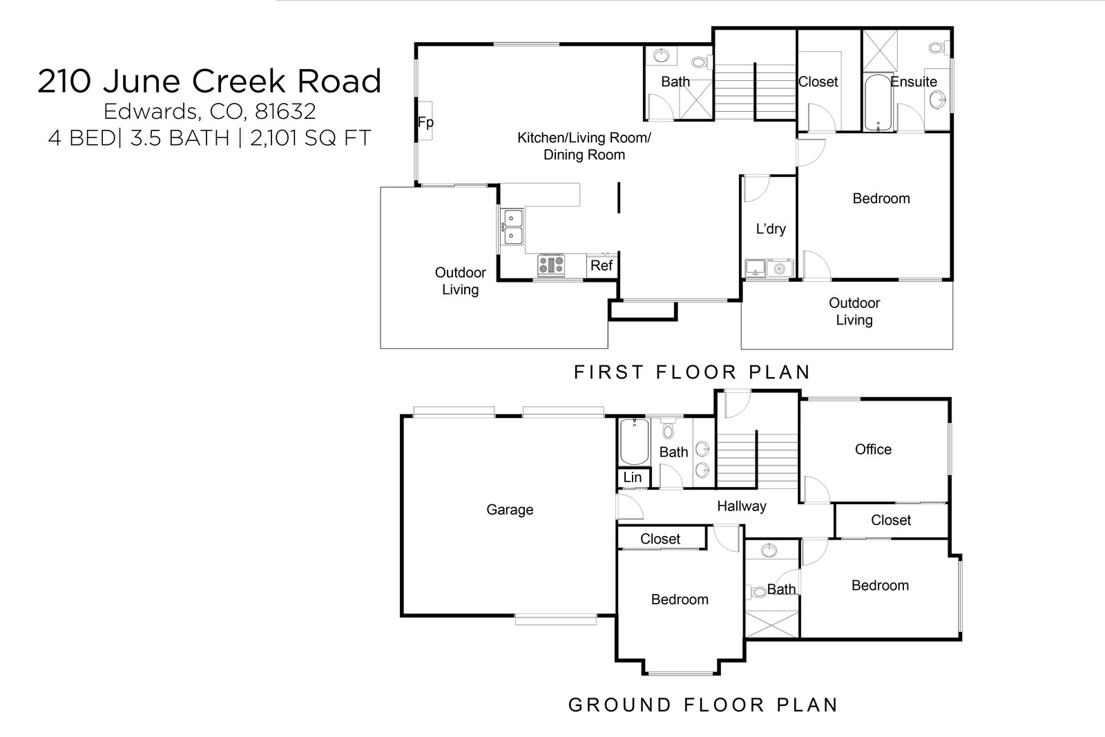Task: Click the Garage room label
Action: pyautogui.click(x=510, y=510)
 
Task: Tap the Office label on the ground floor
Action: pyautogui.click(x=873, y=450)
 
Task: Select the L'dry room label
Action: pyautogui.click(x=770, y=229)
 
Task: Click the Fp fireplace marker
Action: pyautogui.click(x=425, y=122)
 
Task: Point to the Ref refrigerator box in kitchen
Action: pyautogui.click(x=602, y=265)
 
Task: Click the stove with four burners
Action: pyautogui.click(x=551, y=265)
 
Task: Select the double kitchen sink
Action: pyautogui.click(x=512, y=228)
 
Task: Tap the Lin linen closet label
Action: pyautogui.click(x=632, y=477)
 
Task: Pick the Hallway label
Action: pyautogui.click(x=742, y=506)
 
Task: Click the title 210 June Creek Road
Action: pyautogui.click(x=209, y=81)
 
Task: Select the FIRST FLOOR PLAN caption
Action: pyautogui.click(x=692, y=372)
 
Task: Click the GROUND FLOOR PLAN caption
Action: pyautogui.click(x=702, y=705)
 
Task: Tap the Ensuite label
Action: pyautogui.click(x=913, y=82)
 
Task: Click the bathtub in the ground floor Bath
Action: pyautogui.click(x=633, y=443)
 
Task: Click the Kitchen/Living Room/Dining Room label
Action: pyautogui.click(x=584, y=146)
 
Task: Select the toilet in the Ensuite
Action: pyautogui.click(x=937, y=48)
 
